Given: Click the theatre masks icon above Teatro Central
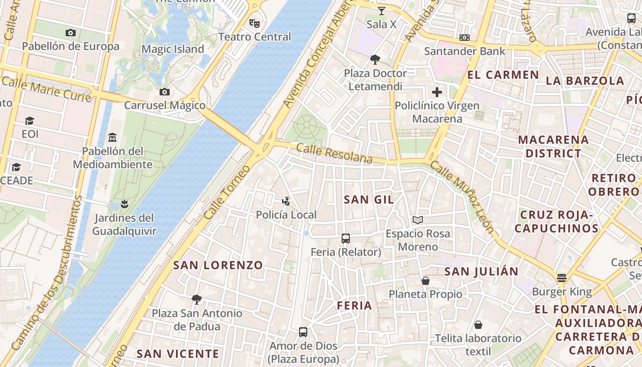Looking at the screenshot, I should pos(254,23).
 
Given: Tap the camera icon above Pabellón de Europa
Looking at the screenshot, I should pos(71,33).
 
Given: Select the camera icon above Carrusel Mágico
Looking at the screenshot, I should pos(165,92).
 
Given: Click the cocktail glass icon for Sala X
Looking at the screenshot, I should pos(382,11).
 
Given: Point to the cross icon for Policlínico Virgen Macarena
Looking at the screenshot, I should pos(437,92).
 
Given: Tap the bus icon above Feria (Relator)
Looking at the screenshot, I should pos(346,239).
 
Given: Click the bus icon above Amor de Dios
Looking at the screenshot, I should pos(303,332).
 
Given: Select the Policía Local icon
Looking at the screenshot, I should pos(286,201).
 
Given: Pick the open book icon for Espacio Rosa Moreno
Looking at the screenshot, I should pos(417,220).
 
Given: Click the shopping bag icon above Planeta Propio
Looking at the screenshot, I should pos(426,281).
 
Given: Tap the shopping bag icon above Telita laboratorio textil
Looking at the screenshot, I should pos(478,325).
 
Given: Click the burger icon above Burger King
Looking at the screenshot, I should pos(562,278).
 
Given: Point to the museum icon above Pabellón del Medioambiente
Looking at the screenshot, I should pos(112,137).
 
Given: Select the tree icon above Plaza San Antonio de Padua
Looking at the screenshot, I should pos(197,300).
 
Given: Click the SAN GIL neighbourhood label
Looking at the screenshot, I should pos(369,199).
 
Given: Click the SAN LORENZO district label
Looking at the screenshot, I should pos(218,265).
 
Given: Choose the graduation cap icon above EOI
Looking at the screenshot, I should pos(30,121).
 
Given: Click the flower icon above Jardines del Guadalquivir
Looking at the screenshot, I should pos(124,204).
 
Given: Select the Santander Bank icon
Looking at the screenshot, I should pos(465,38).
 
